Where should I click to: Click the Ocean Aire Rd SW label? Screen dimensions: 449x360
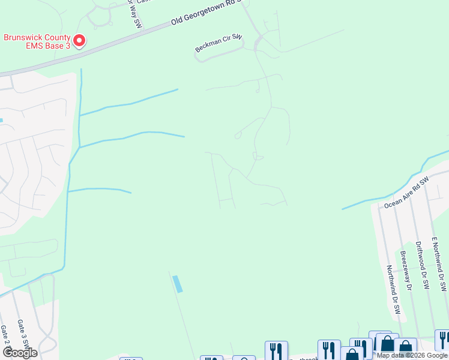pos(407,193)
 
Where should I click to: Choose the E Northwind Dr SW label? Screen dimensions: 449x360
pos(439,264)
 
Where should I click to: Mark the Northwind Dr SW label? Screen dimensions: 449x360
pos(393,290)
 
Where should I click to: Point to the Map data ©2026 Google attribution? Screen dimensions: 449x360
pos(412,355)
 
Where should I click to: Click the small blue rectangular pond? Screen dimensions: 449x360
pos(177,284)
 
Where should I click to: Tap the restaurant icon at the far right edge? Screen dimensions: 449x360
pos(442,340)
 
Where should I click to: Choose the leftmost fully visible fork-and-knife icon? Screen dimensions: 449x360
pos(276,350)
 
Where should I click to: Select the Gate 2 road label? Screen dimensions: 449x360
pos(4,337)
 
